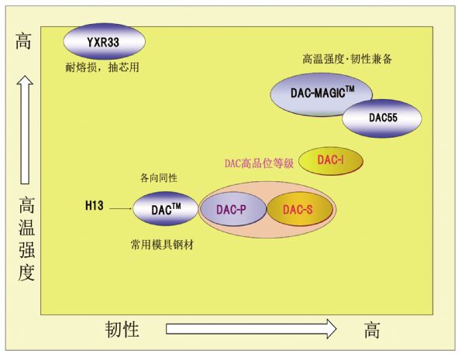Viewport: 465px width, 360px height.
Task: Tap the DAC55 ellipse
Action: click(x=383, y=118)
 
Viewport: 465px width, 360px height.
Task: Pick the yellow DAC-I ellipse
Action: click(x=331, y=161)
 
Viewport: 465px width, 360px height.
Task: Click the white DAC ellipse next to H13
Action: click(x=164, y=208)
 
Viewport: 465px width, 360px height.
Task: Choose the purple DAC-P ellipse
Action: click(x=232, y=209)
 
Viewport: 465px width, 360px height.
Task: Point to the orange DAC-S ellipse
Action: click(x=300, y=209)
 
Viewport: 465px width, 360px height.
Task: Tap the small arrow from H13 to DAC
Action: click(x=120, y=207)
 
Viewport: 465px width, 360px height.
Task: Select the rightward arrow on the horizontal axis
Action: click(x=251, y=329)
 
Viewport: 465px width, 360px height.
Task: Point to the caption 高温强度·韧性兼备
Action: click(x=346, y=59)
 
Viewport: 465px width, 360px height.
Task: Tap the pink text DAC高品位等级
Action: click(x=259, y=163)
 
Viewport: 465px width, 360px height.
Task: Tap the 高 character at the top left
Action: click(x=23, y=41)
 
